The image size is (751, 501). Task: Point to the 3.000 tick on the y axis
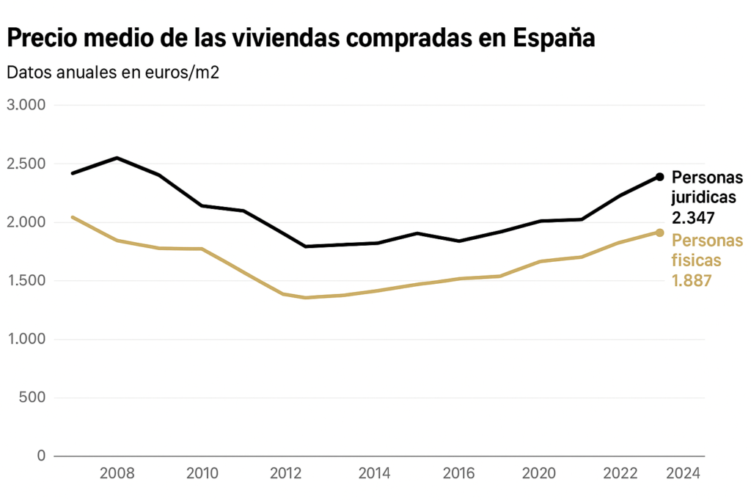(x=26, y=105)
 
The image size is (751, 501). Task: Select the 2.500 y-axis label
(x=26, y=164)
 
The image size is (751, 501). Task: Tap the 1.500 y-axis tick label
(x=26, y=281)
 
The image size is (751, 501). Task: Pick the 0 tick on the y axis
(x=40, y=456)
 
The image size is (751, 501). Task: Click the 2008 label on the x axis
(x=117, y=473)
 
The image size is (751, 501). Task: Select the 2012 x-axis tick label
(x=287, y=473)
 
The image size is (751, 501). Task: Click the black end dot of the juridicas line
(x=659, y=177)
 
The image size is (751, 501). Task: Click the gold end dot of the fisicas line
(x=659, y=233)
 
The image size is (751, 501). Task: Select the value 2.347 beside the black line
(x=693, y=218)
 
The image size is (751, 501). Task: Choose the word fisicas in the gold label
(x=697, y=260)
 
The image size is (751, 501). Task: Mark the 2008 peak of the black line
(x=117, y=158)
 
